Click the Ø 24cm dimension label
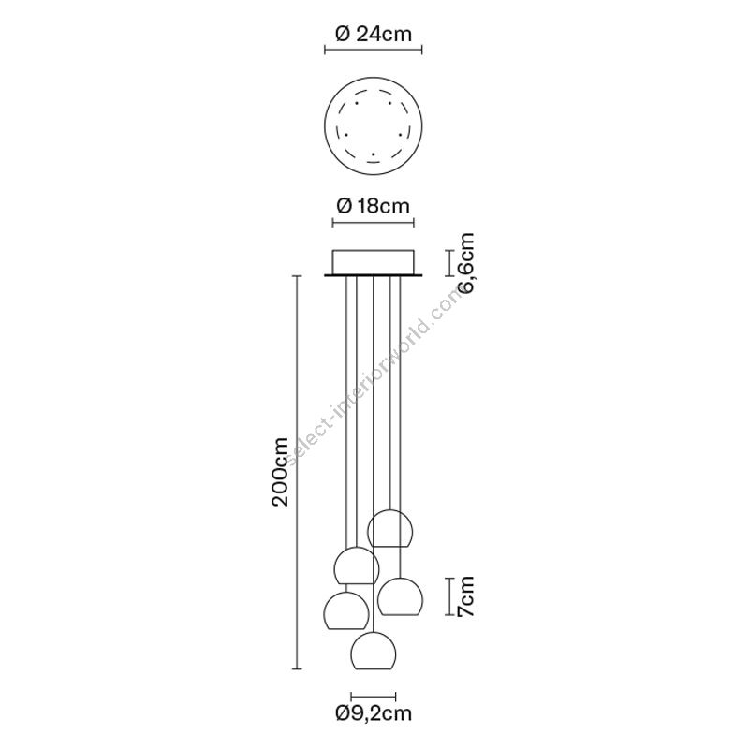pyautogui.click(x=374, y=34)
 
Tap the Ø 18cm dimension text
pyautogui.click(x=373, y=206)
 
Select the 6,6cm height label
pyautogui.click(x=465, y=263)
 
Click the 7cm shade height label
pyautogui.click(x=465, y=596)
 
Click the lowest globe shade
pyautogui.click(x=373, y=651)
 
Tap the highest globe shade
pyautogui.click(x=390, y=528)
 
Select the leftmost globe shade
pyautogui.click(x=345, y=610)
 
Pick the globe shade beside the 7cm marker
pyautogui.click(x=400, y=596)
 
